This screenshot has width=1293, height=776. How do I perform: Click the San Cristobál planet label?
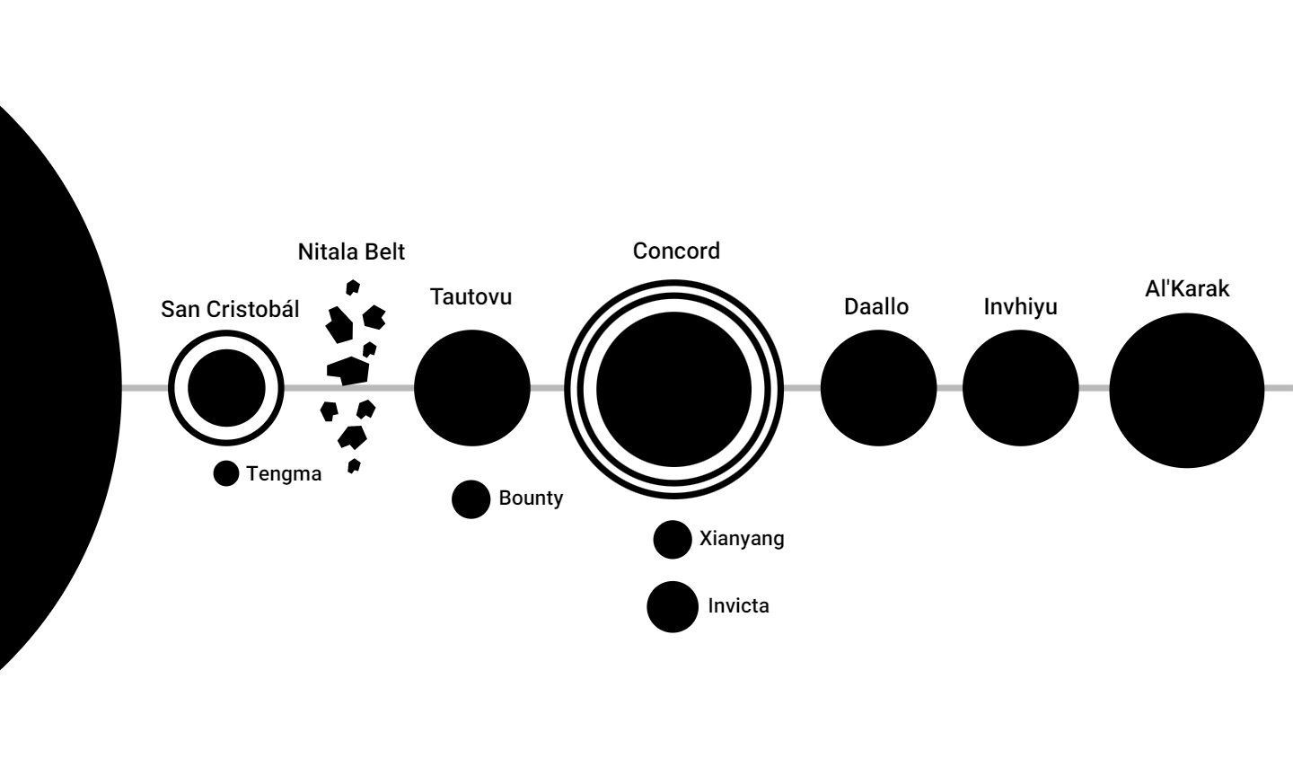(230, 310)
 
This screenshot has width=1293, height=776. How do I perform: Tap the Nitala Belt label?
(351, 252)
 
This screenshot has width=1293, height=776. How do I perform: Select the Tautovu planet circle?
(472, 388)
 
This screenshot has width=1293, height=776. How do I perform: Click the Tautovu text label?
(471, 297)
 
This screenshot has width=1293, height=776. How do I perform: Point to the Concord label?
(676, 251)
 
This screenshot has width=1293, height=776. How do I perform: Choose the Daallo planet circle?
(878, 388)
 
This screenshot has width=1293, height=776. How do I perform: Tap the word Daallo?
(875, 307)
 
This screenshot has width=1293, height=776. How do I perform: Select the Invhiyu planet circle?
(1020, 388)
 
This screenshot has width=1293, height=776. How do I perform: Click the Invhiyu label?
(1020, 307)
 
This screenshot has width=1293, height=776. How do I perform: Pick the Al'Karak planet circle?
(1187, 390)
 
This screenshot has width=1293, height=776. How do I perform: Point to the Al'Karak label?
(1187, 289)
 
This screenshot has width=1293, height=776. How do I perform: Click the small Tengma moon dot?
(226, 473)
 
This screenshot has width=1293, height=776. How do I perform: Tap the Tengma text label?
(284, 474)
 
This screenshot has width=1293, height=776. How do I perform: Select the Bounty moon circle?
(471, 499)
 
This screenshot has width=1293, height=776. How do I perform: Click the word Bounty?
(531, 498)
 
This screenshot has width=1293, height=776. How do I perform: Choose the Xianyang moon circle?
(672, 540)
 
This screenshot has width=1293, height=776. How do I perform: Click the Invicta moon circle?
(673, 607)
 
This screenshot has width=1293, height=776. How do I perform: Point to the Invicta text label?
(738, 606)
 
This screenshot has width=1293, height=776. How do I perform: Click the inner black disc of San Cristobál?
(226, 389)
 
